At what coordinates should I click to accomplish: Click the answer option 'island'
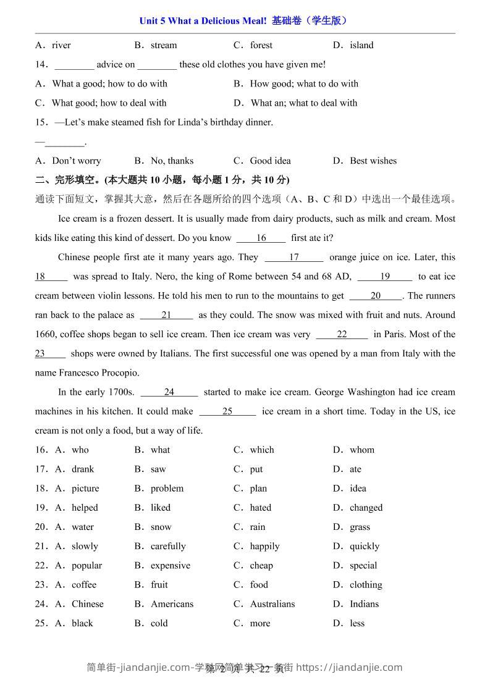(361, 45)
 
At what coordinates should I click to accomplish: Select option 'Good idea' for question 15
(270, 161)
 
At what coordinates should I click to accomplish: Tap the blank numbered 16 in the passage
(261, 238)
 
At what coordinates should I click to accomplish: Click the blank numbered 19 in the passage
(384, 276)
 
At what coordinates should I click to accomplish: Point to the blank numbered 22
(342, 334)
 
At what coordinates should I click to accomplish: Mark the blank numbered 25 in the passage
(227, 411)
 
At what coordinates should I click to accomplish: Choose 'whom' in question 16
(362, 450)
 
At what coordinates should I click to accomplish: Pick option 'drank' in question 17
(83, 469)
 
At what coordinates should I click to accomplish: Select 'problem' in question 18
(167, 488)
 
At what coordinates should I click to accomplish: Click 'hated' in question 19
(261, 508)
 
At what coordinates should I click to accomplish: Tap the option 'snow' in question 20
(161, 527)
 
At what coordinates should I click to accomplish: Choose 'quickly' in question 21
(365, 546)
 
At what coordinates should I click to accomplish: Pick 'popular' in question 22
(87, 565)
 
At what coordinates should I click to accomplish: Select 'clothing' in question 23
(366, 584)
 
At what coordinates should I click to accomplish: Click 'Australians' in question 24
(272, 603)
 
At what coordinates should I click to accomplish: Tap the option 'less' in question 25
(357, 623)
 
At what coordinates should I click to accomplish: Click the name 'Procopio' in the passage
(121, 372)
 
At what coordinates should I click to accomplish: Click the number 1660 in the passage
(47, 334)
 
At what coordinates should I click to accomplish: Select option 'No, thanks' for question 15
(172, 161)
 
